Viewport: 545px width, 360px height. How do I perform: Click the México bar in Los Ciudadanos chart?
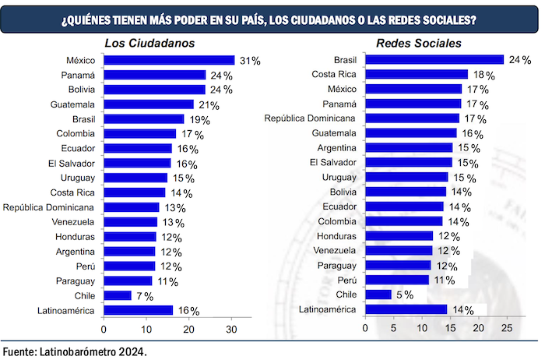point(168,60)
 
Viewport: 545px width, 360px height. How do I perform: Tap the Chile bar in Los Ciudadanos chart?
point(117,295)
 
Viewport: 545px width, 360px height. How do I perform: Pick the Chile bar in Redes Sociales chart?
point(378,295)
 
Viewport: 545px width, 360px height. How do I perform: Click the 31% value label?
point(250,61)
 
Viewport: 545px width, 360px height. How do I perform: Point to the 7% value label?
point(144,296)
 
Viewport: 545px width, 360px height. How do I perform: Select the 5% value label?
point(405,295)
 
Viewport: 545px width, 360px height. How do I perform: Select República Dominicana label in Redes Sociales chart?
point(310,118)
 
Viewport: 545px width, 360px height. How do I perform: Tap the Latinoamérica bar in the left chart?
point(137,310)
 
